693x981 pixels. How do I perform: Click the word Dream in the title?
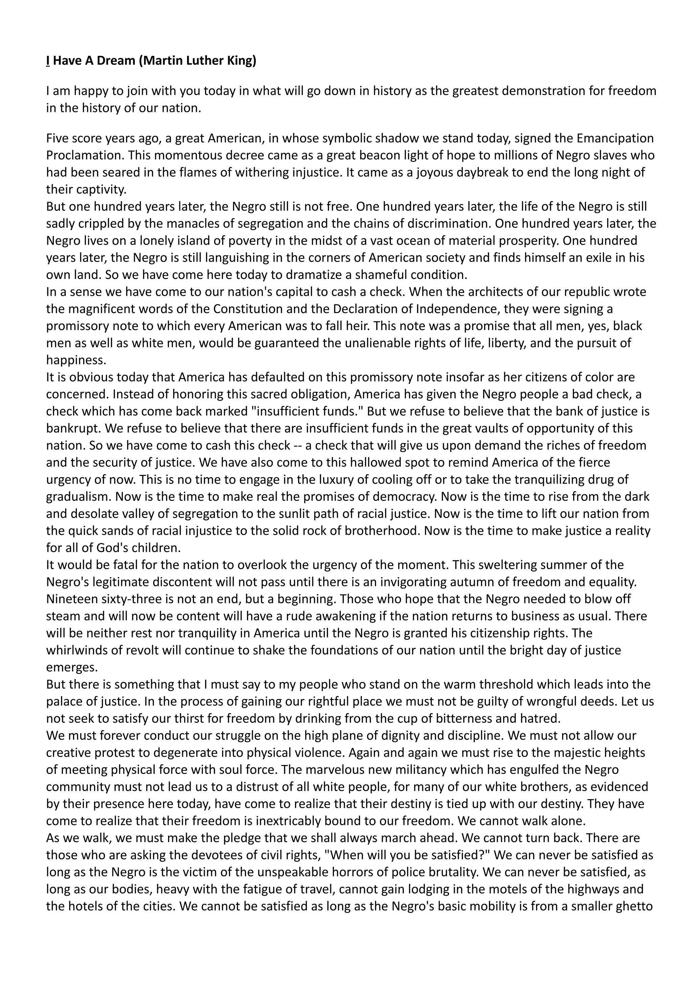(114, 61)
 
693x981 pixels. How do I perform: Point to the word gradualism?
(79, 497)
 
